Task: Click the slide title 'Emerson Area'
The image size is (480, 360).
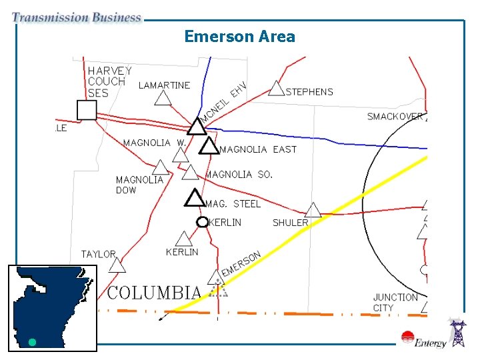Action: coord(239,37)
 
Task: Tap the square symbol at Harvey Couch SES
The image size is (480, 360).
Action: coord(87,110)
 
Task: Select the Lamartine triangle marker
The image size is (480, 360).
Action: coord(163,98)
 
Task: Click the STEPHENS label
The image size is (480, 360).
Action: coord(309,92)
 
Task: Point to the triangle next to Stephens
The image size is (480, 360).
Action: coord(276,89)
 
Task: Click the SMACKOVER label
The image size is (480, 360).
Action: coord(395,117)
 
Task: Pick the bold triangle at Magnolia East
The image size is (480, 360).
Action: coord(209,146)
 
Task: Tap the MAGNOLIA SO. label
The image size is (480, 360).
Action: coord(239,175)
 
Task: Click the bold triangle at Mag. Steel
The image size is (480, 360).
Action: coord(195,197)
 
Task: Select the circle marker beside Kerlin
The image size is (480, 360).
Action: coord(202,222)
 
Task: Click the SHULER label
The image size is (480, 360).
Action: coord(290,223)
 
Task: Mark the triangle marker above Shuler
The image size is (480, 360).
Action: coord(313,210)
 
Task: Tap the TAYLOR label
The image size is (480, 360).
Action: coord(99,254)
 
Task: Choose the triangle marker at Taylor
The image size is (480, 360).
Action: coord(117,265)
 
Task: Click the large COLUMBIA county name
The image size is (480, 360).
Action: coord(154,292)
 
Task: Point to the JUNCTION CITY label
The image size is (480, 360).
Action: coord(395,303)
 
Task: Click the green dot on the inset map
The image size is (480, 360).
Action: coord(31,342)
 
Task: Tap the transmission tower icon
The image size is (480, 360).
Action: coord(458,333)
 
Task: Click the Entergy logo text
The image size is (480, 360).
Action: coord(430,343)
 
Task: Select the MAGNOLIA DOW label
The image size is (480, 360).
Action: coord(139,185)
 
